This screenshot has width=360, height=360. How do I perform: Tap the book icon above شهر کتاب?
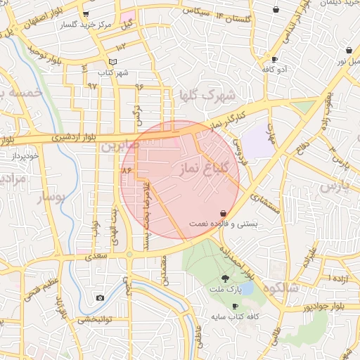click(113, 62)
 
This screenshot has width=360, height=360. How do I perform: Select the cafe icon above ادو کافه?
click(274, 60)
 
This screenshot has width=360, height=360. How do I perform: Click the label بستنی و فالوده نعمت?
click(224, 224)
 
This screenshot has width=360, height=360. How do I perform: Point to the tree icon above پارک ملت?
click(225, 279)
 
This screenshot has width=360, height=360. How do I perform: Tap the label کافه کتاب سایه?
click(236, 317)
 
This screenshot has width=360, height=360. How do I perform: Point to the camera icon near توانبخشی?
click(100, 298)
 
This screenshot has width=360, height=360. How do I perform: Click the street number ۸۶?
click(127, 171)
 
